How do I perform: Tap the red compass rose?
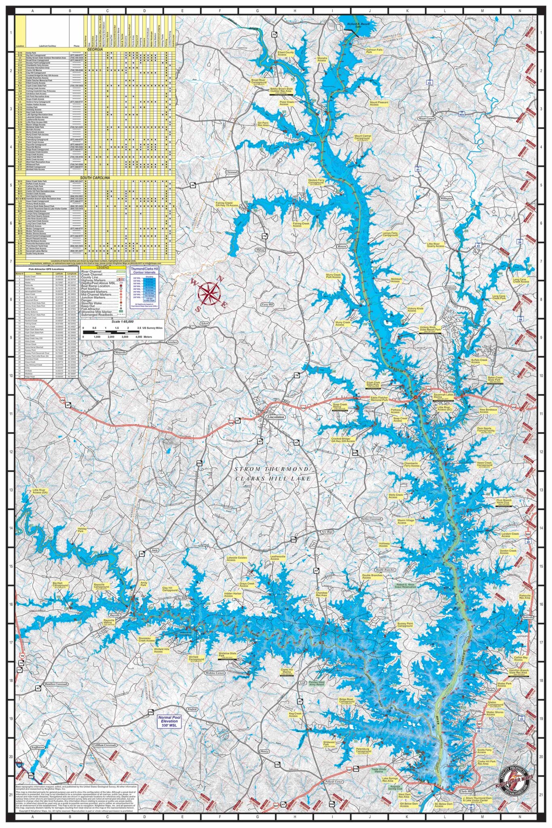tap(209, 293)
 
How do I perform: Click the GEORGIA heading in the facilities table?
tap(95, 49)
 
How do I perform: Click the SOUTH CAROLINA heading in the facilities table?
tap(95, 178)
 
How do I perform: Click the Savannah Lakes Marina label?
tap(444, 396)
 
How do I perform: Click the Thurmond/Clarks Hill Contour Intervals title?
tap(144, 270)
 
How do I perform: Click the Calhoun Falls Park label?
tap(374, 51)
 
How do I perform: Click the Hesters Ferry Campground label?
tap(316, 182)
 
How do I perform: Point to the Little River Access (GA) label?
tap(40, 492)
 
